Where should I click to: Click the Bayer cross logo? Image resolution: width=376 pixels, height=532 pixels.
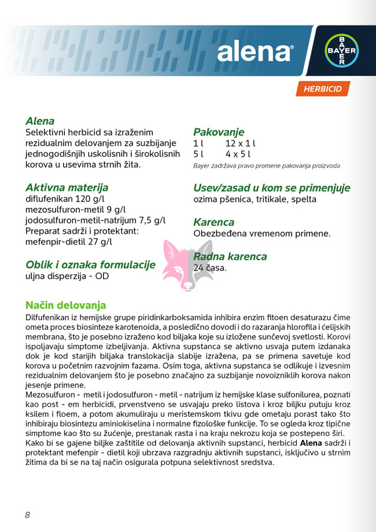coord(341,50)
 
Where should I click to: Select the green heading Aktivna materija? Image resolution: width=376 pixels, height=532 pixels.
coord(67,188)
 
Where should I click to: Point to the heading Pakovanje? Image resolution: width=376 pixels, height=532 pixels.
coord(219,132)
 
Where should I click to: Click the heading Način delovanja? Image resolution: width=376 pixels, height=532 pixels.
coord(66,305)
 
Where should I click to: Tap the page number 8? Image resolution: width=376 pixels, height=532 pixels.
coord(27,515)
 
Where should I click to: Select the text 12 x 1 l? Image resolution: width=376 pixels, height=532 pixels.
coord(241,143)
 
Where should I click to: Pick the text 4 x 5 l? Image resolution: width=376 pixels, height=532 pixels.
coord(238,155)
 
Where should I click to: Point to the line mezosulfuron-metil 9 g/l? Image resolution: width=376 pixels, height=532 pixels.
coord(76,210)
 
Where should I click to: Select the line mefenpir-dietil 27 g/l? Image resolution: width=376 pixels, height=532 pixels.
coord(69,242)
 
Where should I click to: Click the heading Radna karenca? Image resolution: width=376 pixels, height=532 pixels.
coord(230,256)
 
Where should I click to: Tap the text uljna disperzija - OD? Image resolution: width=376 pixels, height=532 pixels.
coord(67,276)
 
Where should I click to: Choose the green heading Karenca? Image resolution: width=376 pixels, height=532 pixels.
coord(213,222)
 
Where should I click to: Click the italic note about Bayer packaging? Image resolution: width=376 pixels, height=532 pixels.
coord(267,166)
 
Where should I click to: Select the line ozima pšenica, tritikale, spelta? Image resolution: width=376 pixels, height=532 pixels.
coord(255,199)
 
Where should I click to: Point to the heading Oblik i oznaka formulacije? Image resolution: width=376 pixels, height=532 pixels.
coord(90,265)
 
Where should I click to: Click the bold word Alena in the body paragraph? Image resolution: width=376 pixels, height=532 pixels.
coord(312,443)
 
